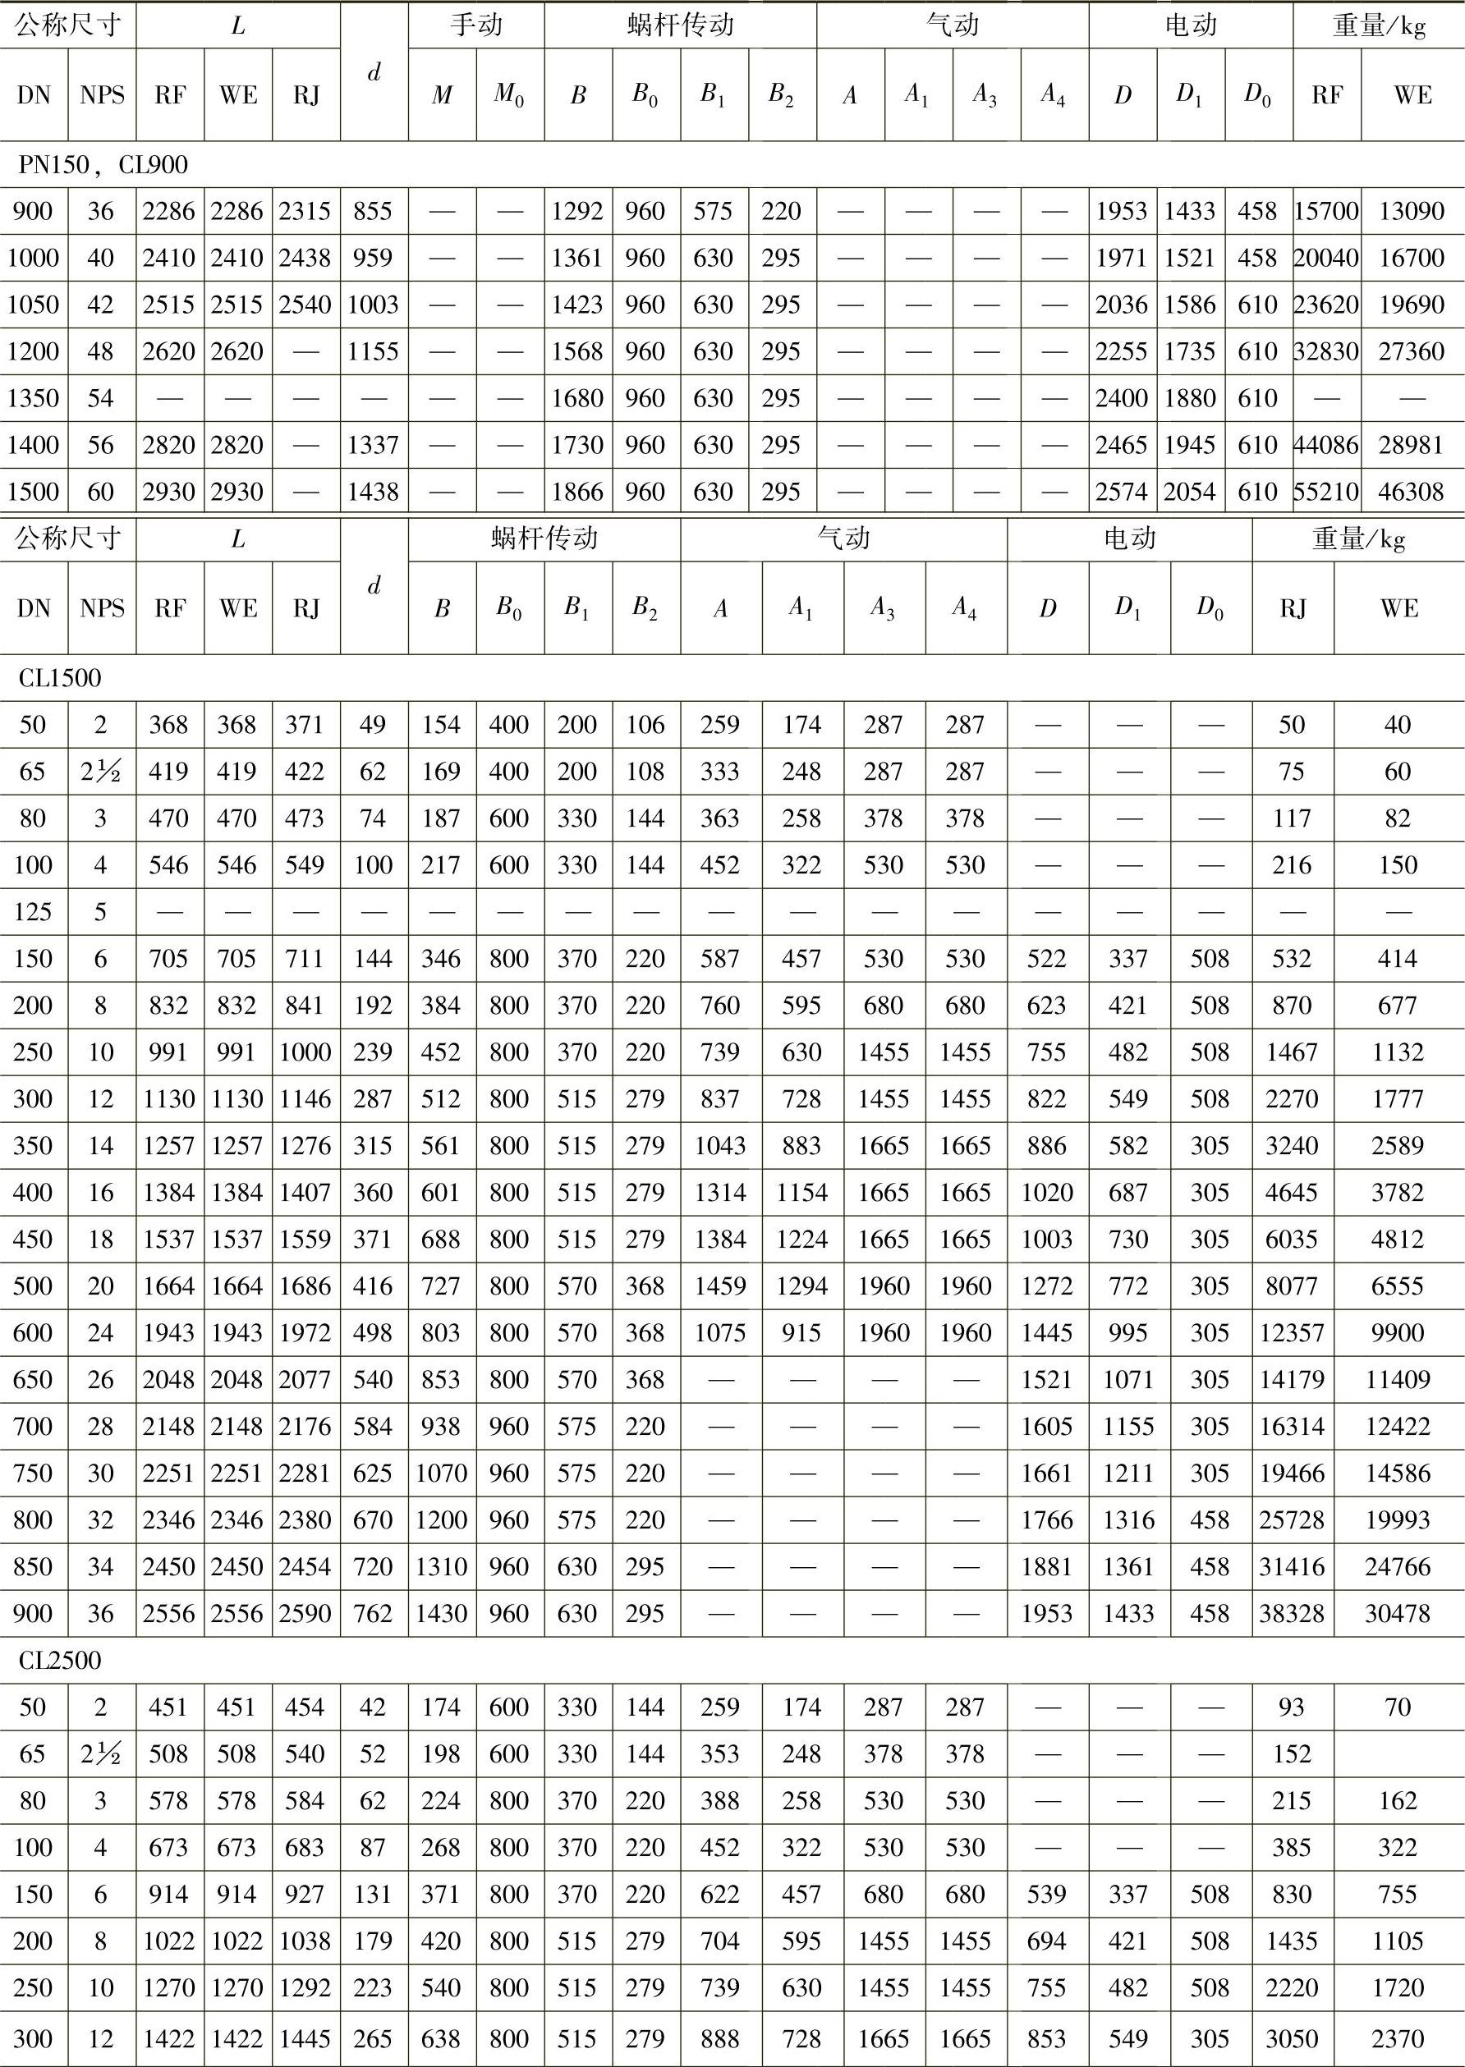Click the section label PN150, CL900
coord(103,165)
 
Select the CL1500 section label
coord(60,678)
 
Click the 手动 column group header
coord(475,25)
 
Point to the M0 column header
coord(510,94)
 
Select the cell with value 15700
coord(1326,211)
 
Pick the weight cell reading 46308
coord(1412,492)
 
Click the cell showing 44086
coord(1326,445)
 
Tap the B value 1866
coord(577,492)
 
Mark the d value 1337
coord(374,445)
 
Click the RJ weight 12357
coord(1292,1333)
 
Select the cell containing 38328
coord(1292,1613)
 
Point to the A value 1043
coord(720,1145)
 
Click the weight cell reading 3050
coord(1292,2038)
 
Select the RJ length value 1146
coord(305,1098)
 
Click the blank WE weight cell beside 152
coord(1398,1754)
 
